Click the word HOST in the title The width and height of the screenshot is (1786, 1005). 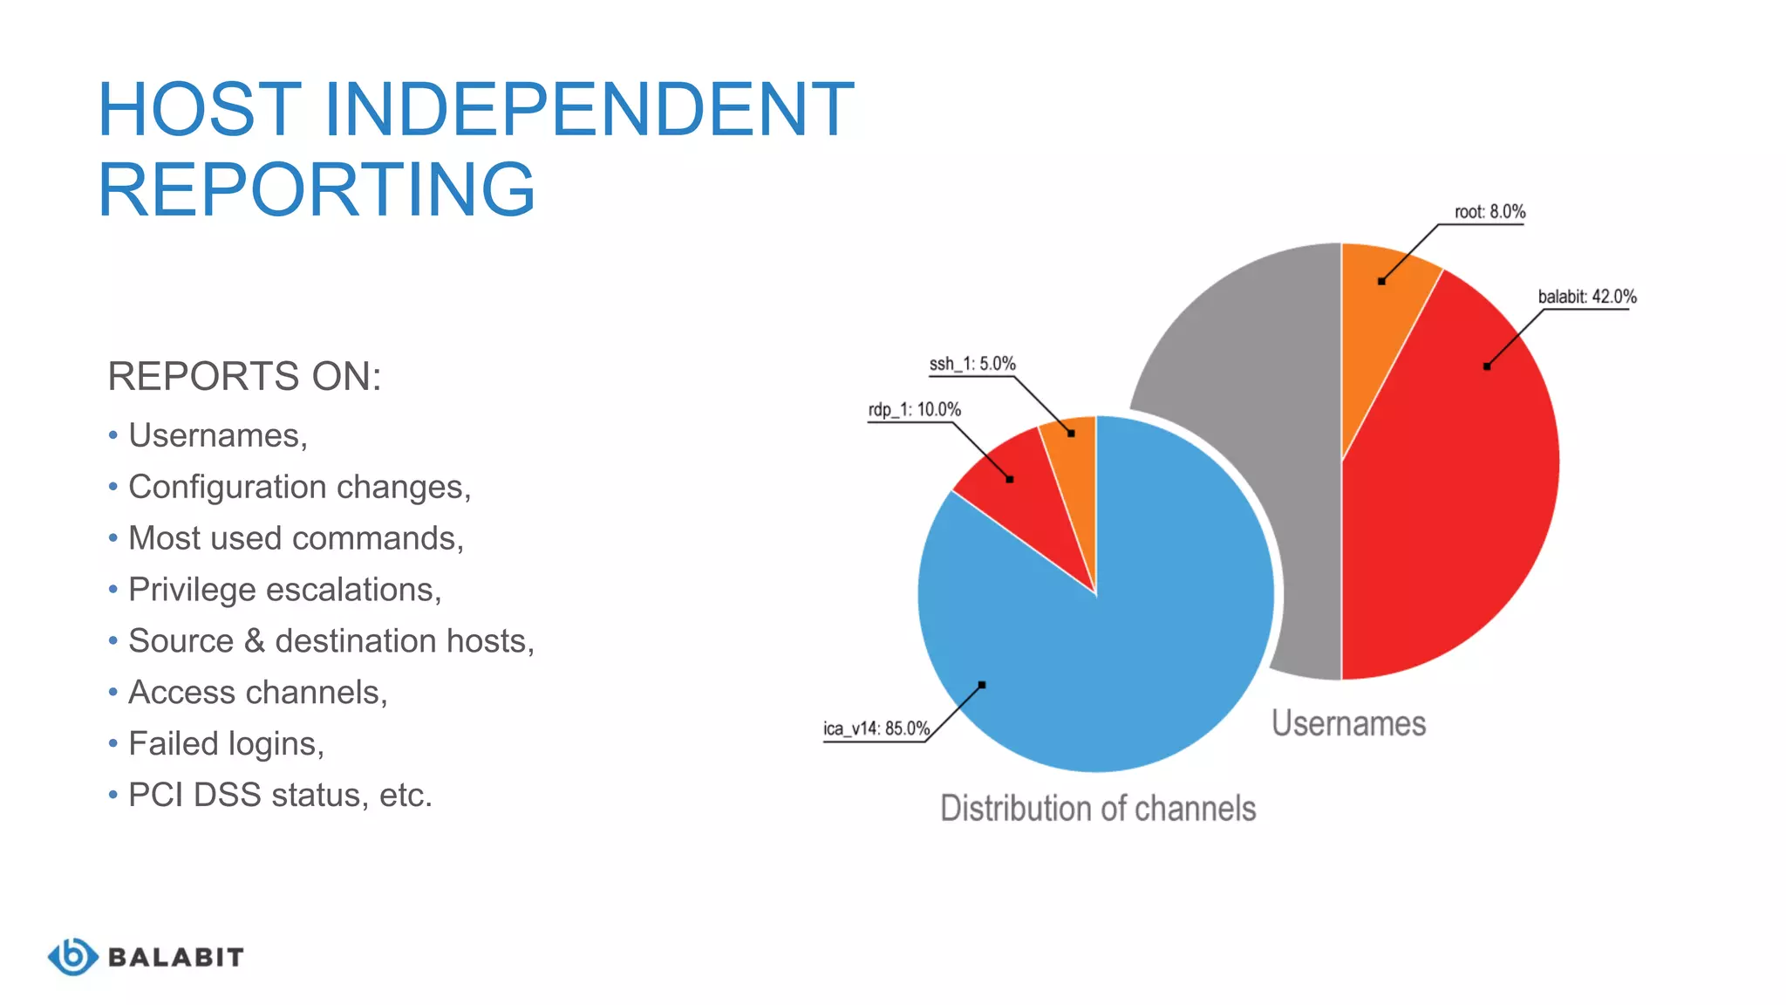[200, 110]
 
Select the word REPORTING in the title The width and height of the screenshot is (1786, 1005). [316, 190]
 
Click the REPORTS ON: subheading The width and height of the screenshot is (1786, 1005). [244, 377]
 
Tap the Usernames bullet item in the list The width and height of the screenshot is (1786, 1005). [217, 435]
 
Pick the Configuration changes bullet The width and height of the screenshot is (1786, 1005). [299, 487]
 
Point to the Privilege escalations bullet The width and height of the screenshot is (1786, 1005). [284, 590]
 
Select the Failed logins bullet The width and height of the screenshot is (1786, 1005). [226, 744]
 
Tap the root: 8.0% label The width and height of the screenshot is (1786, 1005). [1489, 212]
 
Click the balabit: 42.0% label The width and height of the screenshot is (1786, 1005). [1586, 297]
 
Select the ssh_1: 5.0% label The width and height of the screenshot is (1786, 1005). [971, 364]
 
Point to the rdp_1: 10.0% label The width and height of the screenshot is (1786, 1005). [914, 410]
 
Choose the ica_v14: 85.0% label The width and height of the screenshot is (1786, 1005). [876, 728]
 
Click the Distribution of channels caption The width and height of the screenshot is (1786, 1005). [1098, 809]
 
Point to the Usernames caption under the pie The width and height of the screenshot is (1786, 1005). [1348, 724]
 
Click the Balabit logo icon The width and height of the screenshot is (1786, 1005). [73, 957]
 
